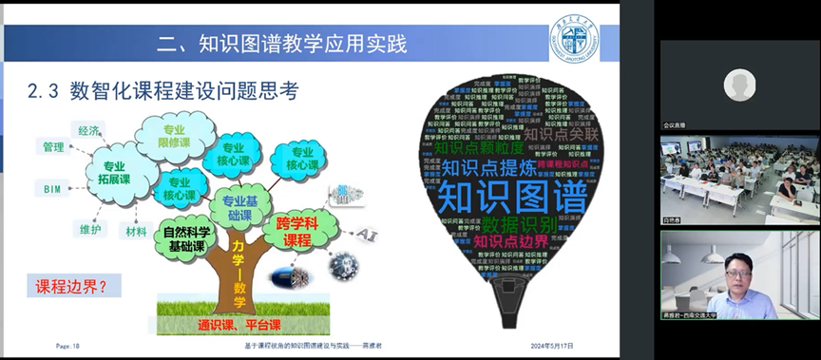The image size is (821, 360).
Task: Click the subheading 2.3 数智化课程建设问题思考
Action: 162,91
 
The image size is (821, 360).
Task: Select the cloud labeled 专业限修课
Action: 174,135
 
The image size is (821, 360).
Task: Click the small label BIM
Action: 51,189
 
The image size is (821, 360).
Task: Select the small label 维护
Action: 87,229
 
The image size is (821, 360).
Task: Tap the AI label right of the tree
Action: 365,234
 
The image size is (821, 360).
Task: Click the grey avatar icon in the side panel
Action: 738,85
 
